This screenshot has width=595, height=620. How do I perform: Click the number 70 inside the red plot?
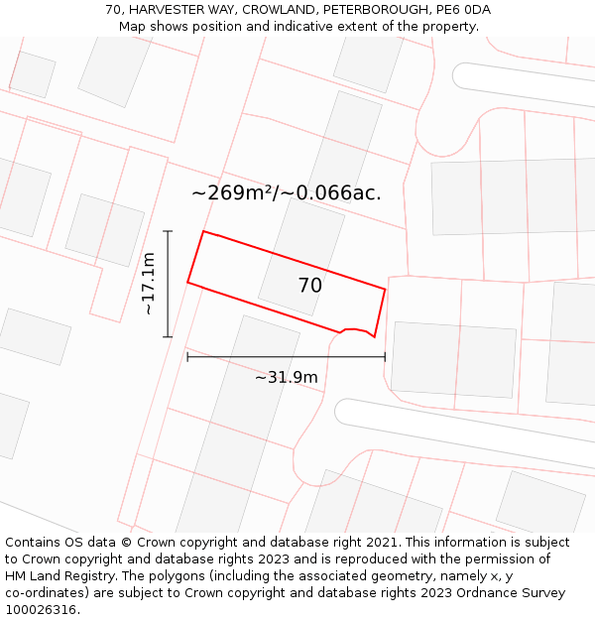[309, 286]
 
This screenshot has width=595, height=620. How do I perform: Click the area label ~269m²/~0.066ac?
[286, 192]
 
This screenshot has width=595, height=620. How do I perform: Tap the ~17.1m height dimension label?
[149, 284]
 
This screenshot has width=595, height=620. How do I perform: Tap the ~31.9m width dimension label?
[286, 377]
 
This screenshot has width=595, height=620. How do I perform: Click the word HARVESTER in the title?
[169, 10]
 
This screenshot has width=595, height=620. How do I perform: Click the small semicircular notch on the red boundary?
[355, 329]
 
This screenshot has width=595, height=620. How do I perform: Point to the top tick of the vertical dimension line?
[169, 231]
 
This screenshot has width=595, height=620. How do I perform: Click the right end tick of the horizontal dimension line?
[385, 357]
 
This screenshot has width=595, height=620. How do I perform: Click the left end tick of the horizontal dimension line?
[187, 357]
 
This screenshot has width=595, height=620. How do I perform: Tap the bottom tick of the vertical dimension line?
[169, 336]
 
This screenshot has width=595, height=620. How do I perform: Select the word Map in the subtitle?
[133, 27]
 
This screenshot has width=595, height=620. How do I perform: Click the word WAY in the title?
[221, 10]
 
